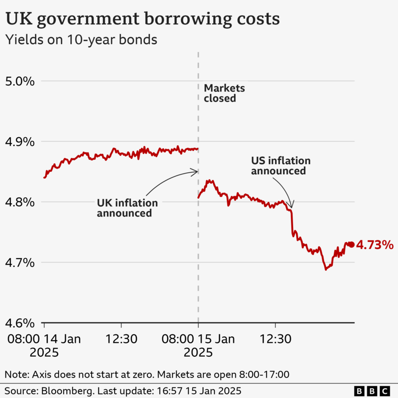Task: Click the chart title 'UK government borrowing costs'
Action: tap(142, 19)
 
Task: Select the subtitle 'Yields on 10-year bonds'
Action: tap(81, 40)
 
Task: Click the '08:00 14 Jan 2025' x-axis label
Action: tap(45, 346)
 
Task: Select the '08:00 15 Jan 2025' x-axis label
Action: tap(199, 346)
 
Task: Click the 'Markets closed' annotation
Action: tap(224, 93)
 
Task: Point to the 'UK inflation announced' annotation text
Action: tap(127, 208)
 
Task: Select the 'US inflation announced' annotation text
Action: tap(280, 166)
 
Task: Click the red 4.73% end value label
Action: tap(375, 245)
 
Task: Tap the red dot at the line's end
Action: tap(351, 244)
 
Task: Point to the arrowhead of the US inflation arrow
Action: tap(292, 205)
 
